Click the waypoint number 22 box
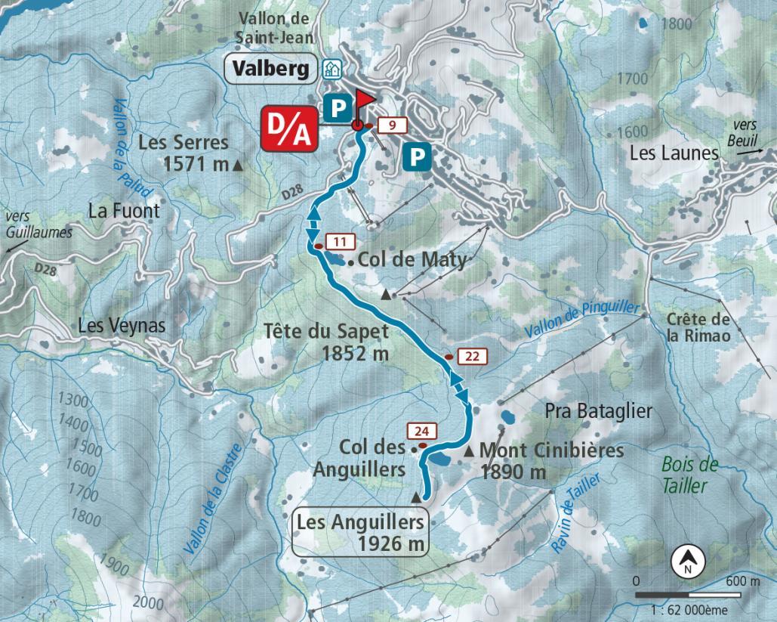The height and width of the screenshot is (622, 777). pos(473,357)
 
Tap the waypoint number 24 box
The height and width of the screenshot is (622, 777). pos(422,432)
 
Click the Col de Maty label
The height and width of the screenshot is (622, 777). pos(412,260)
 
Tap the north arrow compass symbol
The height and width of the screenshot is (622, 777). pos(687,562)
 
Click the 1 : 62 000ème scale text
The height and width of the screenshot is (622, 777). pos(696,606)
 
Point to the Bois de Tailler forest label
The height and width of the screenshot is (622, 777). pos(687,475)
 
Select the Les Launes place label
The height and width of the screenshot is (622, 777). pos(674,153)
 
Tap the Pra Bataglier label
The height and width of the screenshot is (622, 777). pos(598,411)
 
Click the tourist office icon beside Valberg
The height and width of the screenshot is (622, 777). pos(330,70)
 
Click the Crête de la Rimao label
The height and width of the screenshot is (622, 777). pos(698,327)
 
